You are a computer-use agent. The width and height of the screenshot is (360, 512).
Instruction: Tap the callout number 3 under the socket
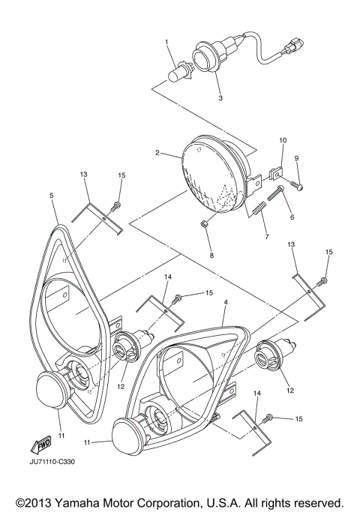(x=220, y=98)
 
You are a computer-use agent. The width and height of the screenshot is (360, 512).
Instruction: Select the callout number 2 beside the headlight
(x=157, y=152)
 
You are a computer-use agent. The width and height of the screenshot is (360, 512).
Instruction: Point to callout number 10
(x=283, y=140)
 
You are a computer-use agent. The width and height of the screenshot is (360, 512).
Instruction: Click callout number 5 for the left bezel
(x=52, y=196)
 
